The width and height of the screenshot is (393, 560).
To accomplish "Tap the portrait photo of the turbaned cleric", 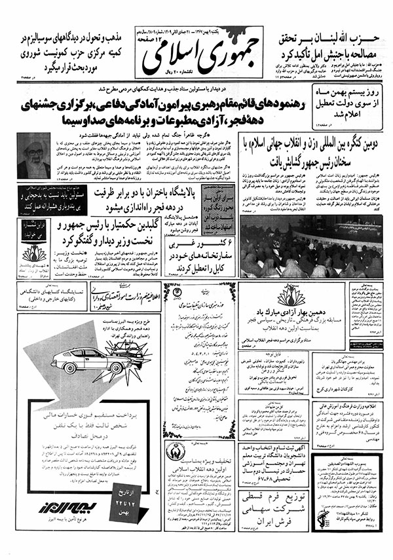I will pyautogui.click(x=34, y=155).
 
